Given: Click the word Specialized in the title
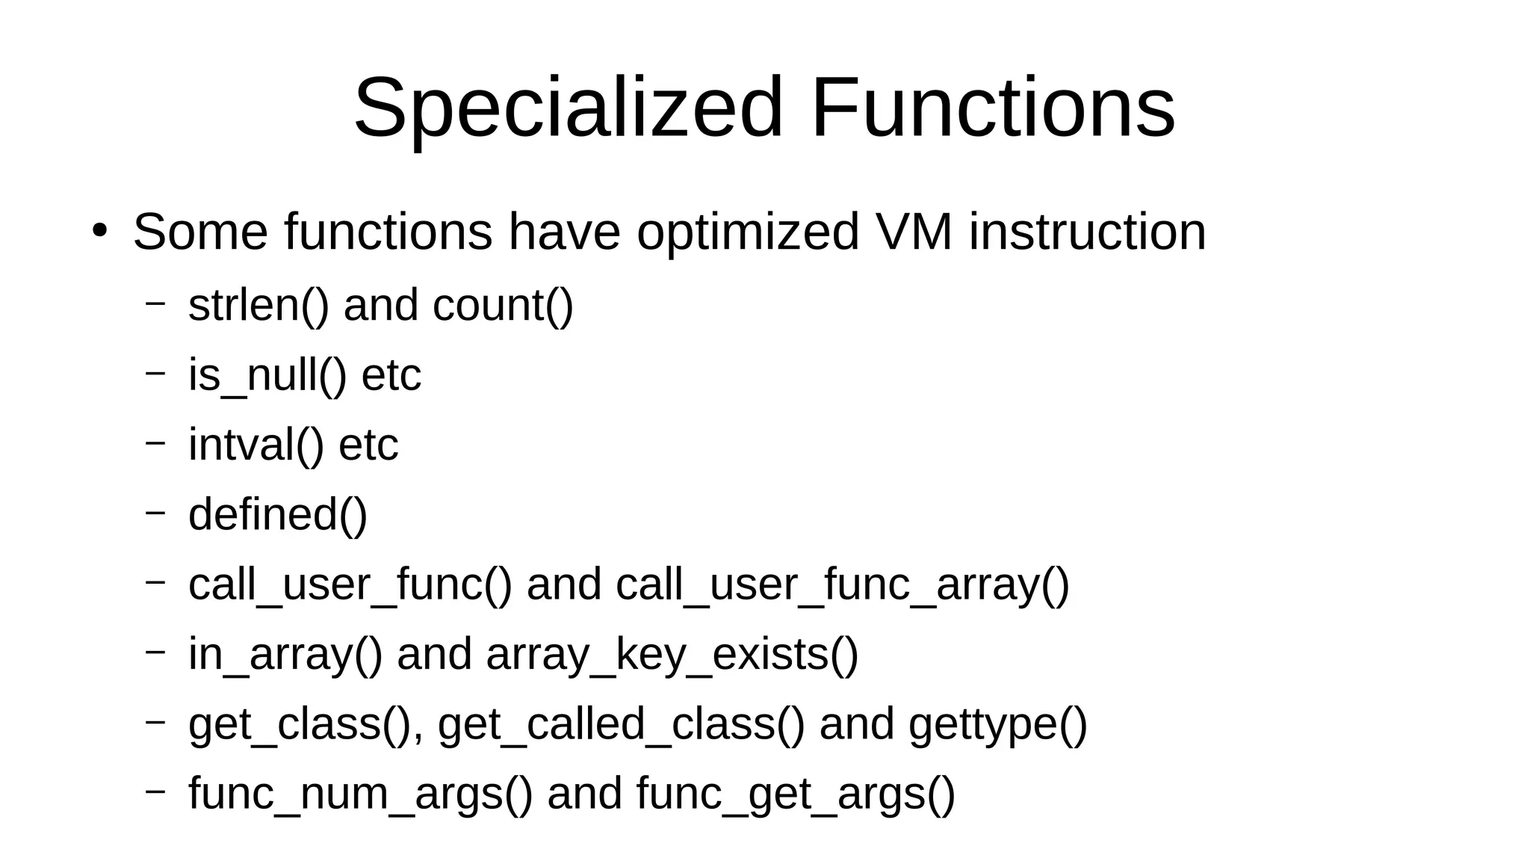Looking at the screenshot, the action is (569, 108).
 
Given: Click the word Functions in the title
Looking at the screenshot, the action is (993, 108).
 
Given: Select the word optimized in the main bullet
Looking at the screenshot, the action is (748, 232).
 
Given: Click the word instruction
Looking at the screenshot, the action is (1087, 232).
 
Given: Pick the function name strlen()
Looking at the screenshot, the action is (258, 306).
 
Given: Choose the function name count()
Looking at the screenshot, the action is (503, 306).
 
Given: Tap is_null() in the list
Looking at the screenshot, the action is (267, 375).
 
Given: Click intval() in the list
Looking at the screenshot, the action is (256, 445).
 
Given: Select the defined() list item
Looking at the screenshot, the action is (278, 515).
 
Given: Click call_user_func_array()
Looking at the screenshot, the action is (843, 584).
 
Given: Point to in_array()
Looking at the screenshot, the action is (285, 655).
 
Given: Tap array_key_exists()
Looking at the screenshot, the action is (672, 655).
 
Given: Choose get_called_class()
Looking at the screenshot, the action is (622, 724).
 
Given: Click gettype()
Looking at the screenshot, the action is (998, 724).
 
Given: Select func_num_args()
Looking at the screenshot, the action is (361, 794).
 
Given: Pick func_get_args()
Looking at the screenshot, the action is (796, 794).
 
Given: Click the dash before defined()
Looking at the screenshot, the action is (155, 513).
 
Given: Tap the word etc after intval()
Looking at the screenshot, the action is (368, 445).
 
